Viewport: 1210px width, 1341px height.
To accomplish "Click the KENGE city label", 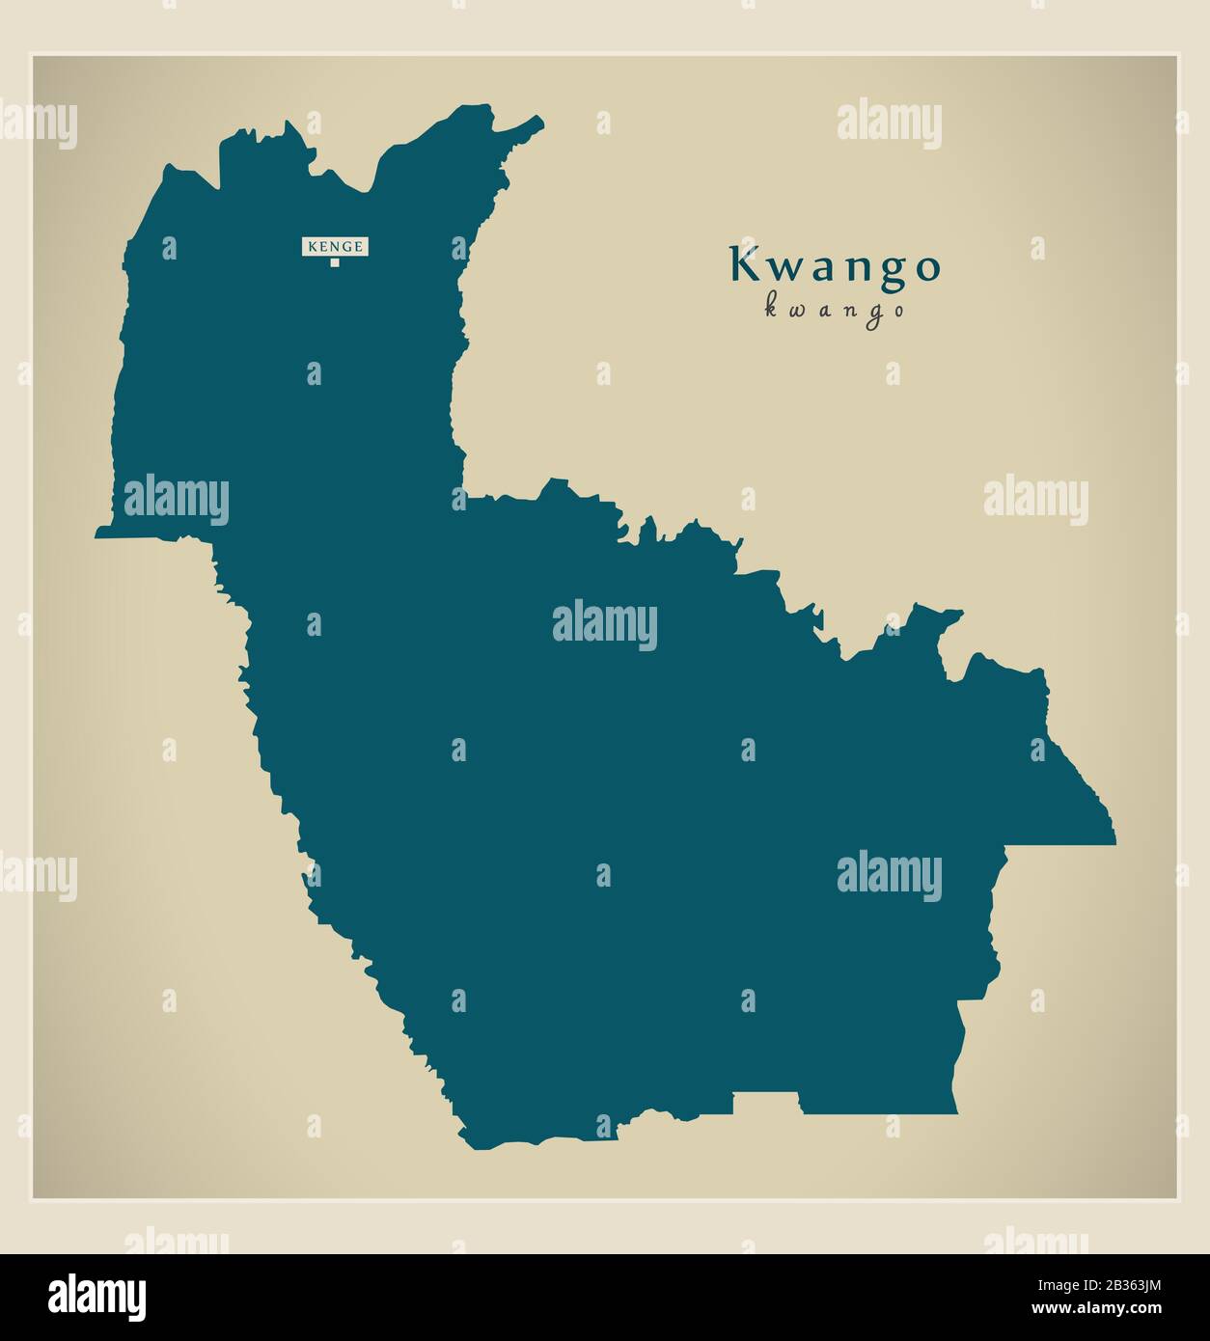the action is click(x=335, y=247).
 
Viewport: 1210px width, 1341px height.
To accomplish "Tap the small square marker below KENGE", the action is click(x=335, y=261).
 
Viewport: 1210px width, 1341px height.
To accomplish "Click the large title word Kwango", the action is click(x=835, y=265).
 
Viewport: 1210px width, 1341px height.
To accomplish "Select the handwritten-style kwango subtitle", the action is click(x=835, y=310).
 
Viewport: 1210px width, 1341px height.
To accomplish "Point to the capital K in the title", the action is click(x=744, y=264).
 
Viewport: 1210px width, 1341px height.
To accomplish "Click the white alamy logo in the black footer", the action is click(x=97, y=1297).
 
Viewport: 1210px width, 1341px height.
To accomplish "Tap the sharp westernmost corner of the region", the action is click(x=97, y=533).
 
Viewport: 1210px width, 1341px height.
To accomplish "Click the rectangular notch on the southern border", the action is click(x=765, y=1104).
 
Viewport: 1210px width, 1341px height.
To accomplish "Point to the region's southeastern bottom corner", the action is click(x=955, y=1111).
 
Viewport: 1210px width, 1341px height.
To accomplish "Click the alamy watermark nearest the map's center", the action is click(x=604, y=624).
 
